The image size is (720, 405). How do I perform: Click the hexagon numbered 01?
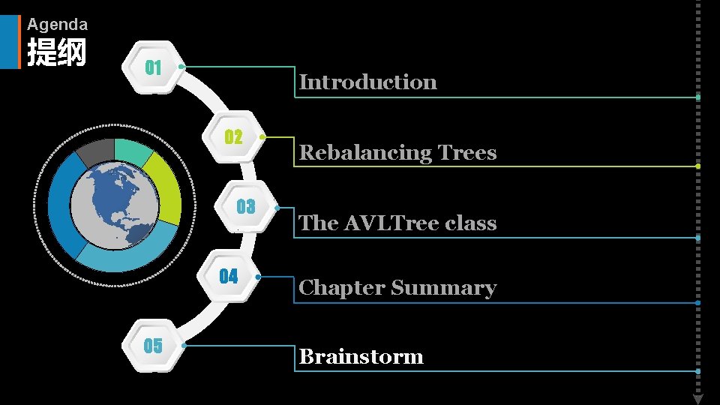[153, 67]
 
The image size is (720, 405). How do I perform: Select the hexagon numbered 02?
[233, 137]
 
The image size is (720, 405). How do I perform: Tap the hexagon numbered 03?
[245, 207]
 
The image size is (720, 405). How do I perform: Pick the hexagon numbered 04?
[228, 276]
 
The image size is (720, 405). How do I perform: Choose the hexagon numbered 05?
[153, 345]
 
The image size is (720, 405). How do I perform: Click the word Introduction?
[367, 82]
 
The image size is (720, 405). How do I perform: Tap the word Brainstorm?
[361, 356]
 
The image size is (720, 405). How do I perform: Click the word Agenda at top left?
[57, 25]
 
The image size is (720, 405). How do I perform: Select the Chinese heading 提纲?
[56, 53]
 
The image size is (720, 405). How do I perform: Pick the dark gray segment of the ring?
[95, 152]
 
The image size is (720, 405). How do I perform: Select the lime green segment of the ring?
[165, 187]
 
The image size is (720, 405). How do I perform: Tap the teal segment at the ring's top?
[132, 151]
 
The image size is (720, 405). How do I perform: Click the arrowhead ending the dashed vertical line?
[697, 398]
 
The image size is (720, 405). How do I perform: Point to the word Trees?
[467, 153]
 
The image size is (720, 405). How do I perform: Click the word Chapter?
[342, 288]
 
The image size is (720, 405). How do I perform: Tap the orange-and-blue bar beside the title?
[19, 42]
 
